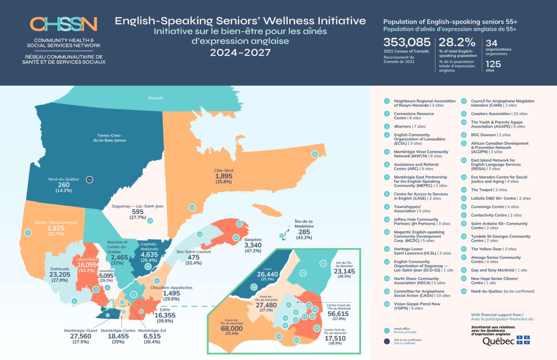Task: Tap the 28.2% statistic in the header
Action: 457,43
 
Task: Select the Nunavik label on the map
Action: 156,98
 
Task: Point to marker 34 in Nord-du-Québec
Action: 90,180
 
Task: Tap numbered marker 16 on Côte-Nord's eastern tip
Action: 315,154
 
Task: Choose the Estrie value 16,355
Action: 165,315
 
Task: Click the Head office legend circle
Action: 387,330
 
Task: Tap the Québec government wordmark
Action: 499,341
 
